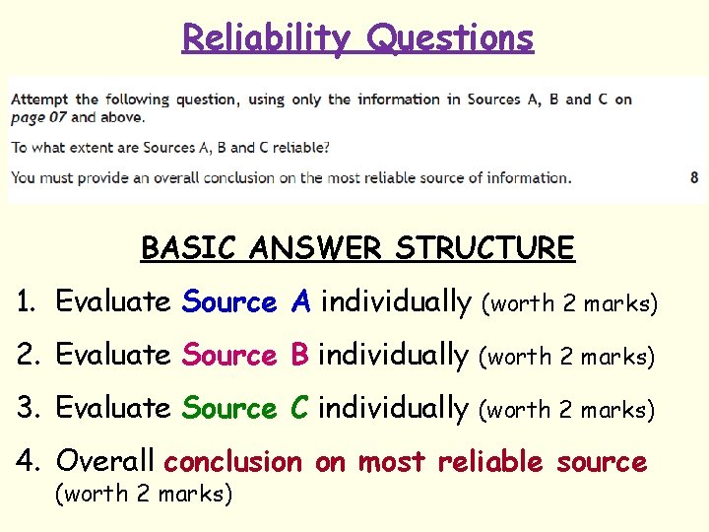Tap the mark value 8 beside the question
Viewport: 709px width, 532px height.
pos(694,177)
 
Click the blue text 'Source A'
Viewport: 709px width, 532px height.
pos(247,302)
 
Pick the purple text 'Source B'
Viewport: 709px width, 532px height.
pos(246,355)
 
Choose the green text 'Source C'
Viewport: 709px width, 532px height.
pos(247,408)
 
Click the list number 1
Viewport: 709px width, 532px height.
pos(26,302)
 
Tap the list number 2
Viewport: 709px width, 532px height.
pos(27,355)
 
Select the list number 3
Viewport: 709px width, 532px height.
pos(27,408)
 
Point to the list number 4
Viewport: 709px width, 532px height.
pos(27,461)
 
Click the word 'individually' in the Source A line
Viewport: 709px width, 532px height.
pos(396,302)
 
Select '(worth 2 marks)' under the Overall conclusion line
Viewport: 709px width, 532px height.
pos(144,493)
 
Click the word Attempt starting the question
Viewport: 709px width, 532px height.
pos(40,99)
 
